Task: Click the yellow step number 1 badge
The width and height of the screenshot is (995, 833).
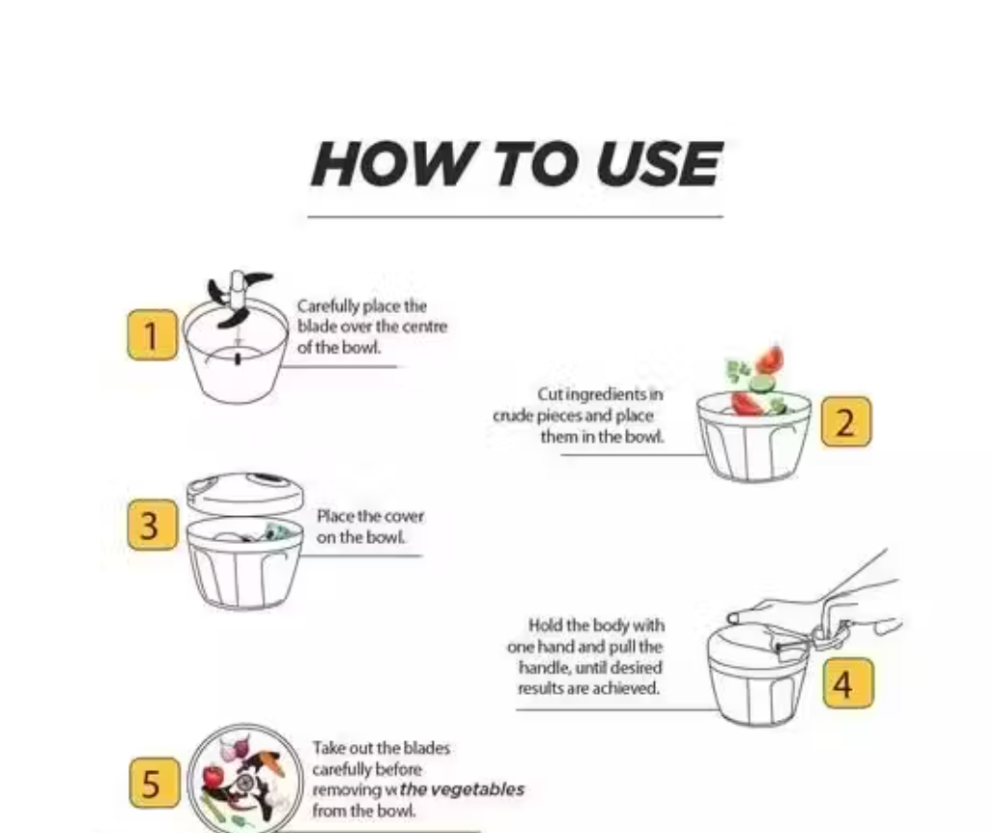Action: point(152,335)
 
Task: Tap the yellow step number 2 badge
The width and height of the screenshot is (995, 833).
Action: point(846,422)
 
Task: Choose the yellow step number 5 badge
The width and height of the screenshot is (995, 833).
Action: point(153,783)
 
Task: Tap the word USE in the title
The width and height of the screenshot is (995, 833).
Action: point(658,164)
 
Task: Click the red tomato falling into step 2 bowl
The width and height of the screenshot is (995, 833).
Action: point(770,359)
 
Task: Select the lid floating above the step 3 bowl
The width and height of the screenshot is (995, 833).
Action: point(244,492)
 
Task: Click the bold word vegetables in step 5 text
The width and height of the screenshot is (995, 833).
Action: point(477,790)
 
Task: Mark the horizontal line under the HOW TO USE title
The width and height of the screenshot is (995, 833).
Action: point(515,216)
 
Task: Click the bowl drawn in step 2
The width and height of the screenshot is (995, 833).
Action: point(753,445)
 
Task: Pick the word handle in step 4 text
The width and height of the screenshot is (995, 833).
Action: point(541,668)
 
